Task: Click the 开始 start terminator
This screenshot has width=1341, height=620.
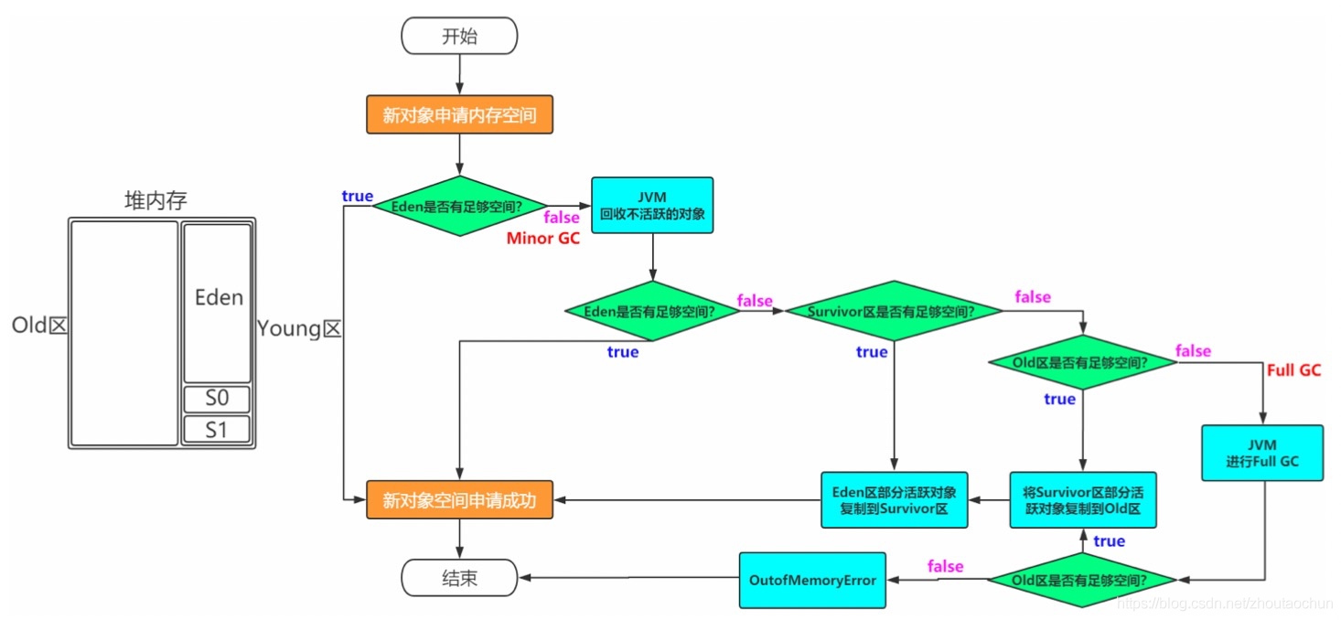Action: pyautogui.click(x=459, y=37)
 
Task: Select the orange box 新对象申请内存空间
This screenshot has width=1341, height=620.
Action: pyautogui.click(x=459, y=116)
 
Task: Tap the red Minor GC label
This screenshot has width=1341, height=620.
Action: pyautogui.click(x=542, y=239)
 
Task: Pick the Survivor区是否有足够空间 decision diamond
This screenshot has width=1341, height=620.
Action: pyautogui.click(x=892, y=312)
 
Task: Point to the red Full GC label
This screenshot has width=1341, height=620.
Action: pyautogui.click(x=1293, y=370)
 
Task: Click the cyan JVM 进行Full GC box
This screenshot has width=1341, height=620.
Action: pyautogui.click(x=1262, y=453)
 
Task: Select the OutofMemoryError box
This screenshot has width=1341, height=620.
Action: pyautogui.click(x=812, y=581)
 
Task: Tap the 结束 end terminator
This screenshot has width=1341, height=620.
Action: pyautogui.click(x=459, y=579)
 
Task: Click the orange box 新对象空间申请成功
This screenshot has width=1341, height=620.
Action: pyautogui.click(x=459, y=500)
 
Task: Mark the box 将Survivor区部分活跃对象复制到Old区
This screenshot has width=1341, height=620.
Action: pyautogui.click(x=1082, y=500)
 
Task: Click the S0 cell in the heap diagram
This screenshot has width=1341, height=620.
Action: pyautogui.click(x=216, y=401)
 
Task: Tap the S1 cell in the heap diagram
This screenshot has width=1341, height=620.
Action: pyautogui.click(x=216, y=429)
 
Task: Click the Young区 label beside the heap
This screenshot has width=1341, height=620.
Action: pyautogui.click(x=299, y=327)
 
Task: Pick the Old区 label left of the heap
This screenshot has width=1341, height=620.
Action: pyautogui.click(x=39, y=326)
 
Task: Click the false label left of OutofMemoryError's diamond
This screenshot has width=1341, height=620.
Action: pyautogui.click(x=945, y=566)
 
